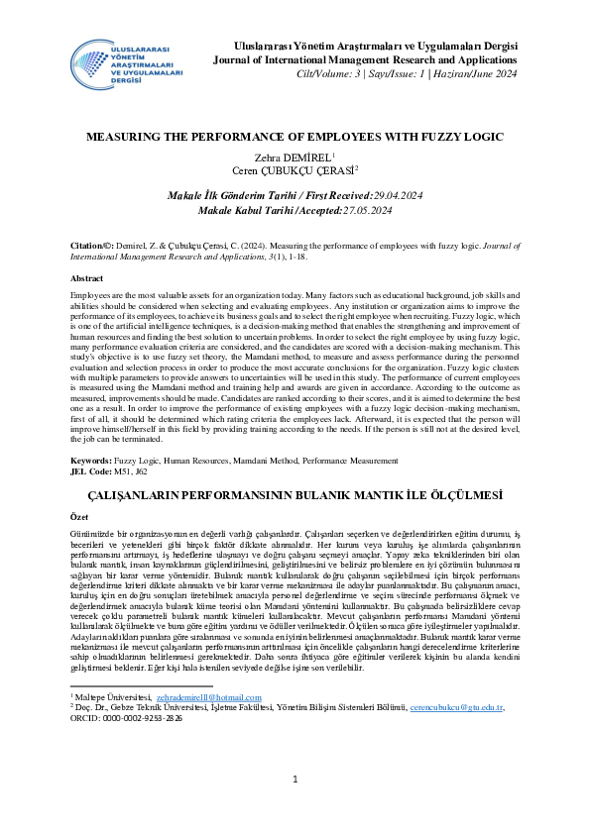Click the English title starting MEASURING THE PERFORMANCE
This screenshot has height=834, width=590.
295,137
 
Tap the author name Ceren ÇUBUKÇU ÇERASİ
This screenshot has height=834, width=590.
293,170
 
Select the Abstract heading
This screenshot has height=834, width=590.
87,279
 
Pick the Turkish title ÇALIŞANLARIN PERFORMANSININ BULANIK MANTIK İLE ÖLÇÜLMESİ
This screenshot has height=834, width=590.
295,493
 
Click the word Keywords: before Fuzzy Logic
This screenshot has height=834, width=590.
92,463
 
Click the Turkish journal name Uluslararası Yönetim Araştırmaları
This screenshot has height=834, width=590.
369,46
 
